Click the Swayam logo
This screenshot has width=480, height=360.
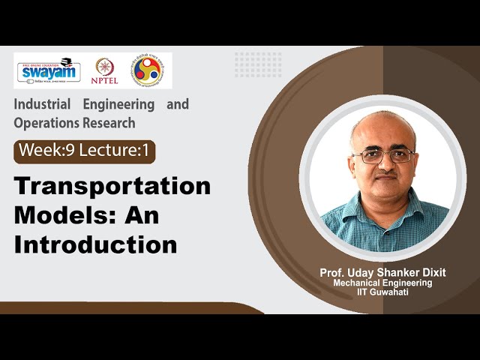coord(47,70)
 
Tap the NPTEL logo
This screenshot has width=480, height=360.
coord(105,70)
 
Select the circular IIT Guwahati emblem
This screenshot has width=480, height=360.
coord(146,70)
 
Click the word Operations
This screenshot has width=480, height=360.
coord(44,122)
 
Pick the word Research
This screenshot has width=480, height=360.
coord(108,122)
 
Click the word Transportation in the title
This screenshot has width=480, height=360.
coord(112,187)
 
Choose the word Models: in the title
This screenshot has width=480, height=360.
coord(64,216)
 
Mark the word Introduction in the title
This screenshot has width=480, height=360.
coord(95,244)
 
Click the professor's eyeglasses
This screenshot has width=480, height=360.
coord(383,156)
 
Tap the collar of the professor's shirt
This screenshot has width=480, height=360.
coord(382,201)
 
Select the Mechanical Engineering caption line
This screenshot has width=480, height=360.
coord(383,283)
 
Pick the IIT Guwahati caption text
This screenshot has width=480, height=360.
coord(383,292)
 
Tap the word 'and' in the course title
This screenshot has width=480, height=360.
coord(178,104)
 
